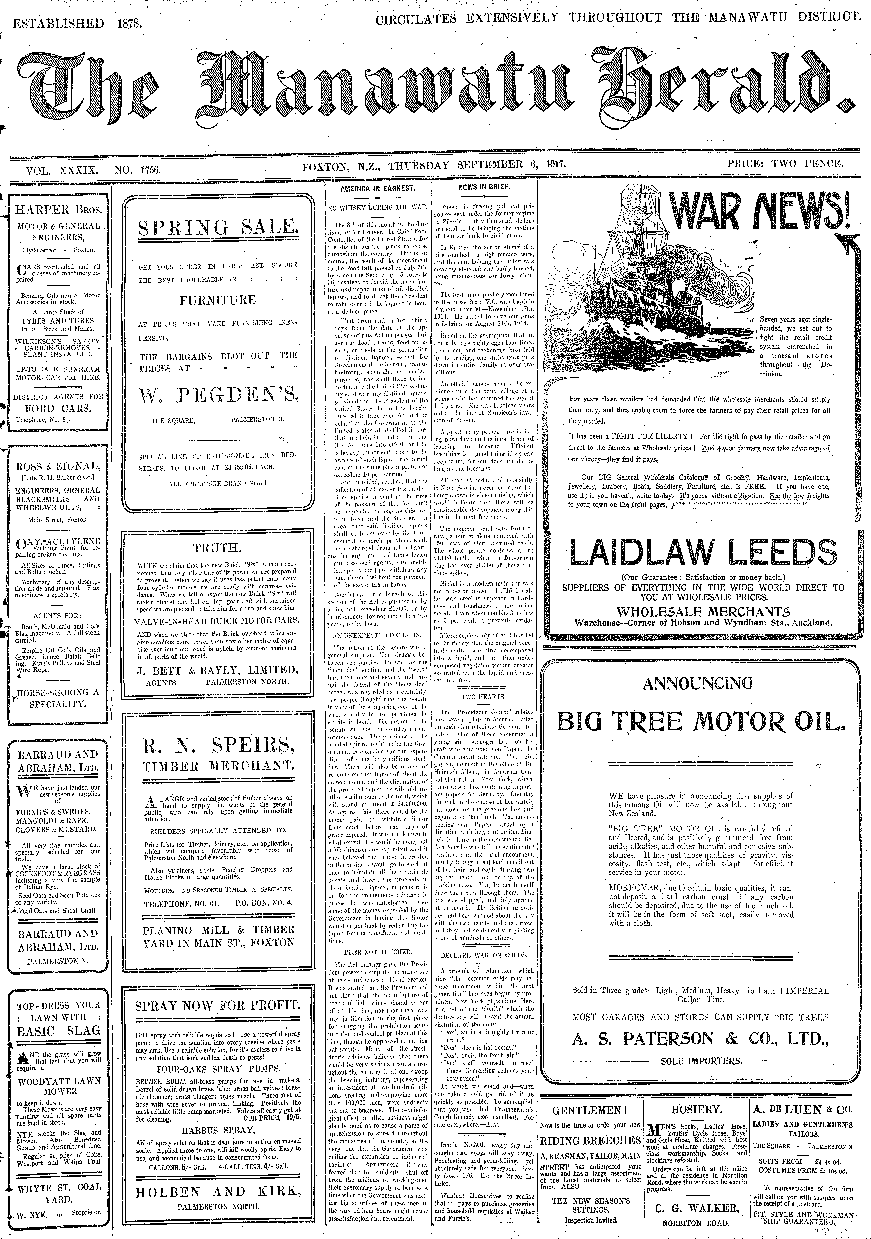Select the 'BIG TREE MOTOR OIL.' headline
(700, 721)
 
